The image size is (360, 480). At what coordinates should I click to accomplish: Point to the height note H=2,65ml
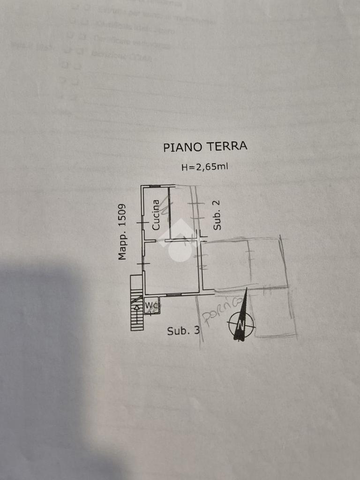[205, 166]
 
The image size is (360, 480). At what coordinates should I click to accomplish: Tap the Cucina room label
[156, 215]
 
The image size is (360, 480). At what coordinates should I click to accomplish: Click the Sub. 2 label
[217, 215]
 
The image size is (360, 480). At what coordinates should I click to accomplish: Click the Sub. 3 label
[183, 331]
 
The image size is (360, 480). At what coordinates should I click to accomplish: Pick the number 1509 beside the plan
[122, 216]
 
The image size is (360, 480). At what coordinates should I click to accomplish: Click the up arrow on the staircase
[137, 307]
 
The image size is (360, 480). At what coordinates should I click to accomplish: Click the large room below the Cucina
[172, 267]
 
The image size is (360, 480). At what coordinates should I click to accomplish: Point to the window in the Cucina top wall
[155, 186]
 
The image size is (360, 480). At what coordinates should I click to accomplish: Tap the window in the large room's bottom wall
[174, 295]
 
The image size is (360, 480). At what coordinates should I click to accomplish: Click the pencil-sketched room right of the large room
[226, 265]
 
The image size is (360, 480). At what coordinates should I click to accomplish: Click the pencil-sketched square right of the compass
[274, 313]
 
